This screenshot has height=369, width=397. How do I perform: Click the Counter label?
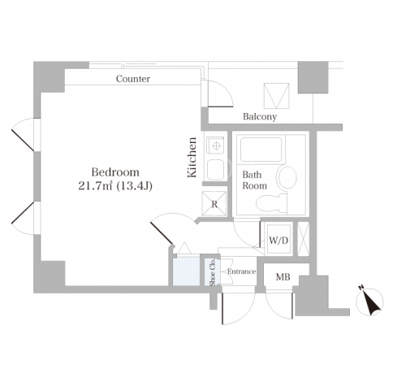coord(133,79)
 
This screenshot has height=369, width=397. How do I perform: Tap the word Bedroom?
coord(115,172)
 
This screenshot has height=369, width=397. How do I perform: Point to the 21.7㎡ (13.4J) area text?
coord(115,186)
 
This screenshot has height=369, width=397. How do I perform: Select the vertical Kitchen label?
coord(192,158)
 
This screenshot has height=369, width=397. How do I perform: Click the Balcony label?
coord(260,116)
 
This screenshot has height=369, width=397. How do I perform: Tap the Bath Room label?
coord(254,180)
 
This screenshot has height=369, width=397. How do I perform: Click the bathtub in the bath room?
coord(261,150)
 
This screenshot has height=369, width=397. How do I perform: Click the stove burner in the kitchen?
coord(216,145)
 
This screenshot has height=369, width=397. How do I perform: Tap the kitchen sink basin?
coord(215,170)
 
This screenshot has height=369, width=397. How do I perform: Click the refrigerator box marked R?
coord(214,203)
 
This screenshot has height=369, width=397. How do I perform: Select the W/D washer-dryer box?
coord(278,239)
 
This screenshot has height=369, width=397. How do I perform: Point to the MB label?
coord(283,277)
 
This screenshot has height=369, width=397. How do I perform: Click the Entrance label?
coord(241,271)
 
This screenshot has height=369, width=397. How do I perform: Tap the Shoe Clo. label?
coord(213,271)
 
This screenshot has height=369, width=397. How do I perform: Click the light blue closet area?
coord(186,271)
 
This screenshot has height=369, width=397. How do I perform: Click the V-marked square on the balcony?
coord(276,96)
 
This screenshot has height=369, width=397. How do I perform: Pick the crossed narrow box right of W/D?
coord(303,239)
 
